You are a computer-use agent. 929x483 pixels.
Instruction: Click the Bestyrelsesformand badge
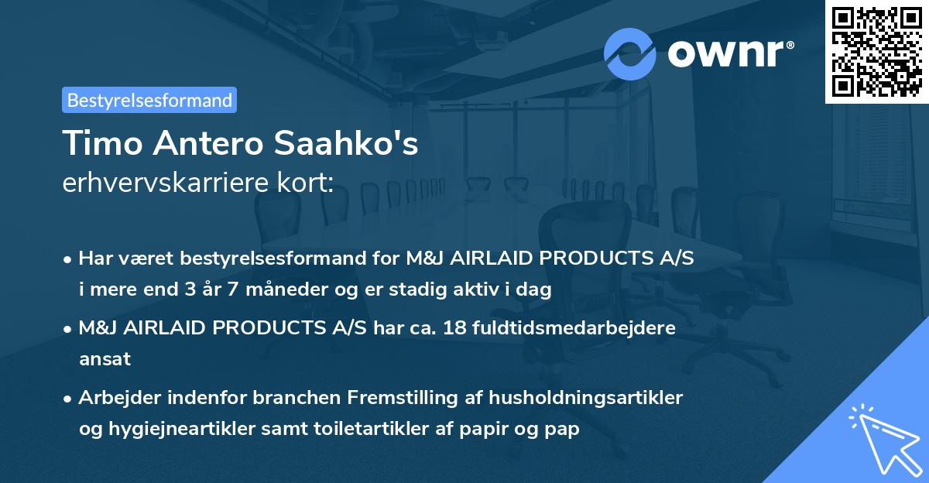149,100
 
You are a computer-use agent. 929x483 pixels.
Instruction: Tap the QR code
876,52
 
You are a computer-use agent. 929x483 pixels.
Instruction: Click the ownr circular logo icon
629,53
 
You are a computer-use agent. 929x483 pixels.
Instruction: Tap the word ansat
105,359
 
